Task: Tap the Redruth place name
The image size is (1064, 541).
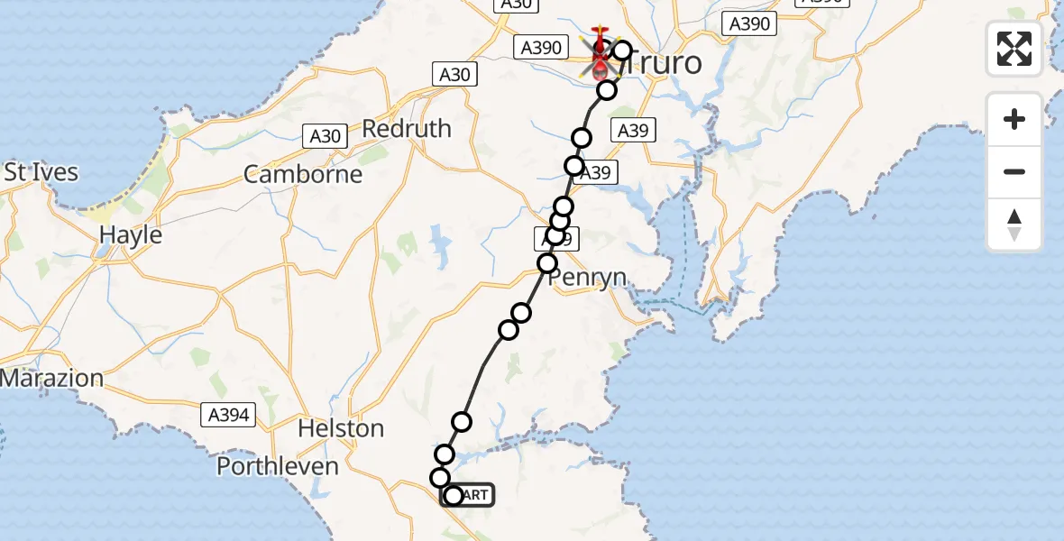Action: click(407, 128)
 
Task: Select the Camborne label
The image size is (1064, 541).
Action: click(303, 174)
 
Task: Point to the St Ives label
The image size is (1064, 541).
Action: click(41, 172)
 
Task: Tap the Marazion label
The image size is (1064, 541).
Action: click(52, 378)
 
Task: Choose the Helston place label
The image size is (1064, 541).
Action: click(342, 428)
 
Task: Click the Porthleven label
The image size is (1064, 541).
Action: click(278, 466)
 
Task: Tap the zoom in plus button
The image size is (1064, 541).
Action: click(1014, 119)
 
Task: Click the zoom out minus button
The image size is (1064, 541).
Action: click(1014, 171)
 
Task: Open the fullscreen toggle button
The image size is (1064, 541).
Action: click(1014, 49)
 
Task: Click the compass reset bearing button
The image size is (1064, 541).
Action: click(1014, 225)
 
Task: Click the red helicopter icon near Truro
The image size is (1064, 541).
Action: click(600, 52)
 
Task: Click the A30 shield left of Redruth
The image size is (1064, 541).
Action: click(325, 136)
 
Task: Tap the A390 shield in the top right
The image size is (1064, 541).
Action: click(749, 24)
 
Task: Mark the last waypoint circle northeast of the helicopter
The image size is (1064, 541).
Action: click(622, 50)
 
